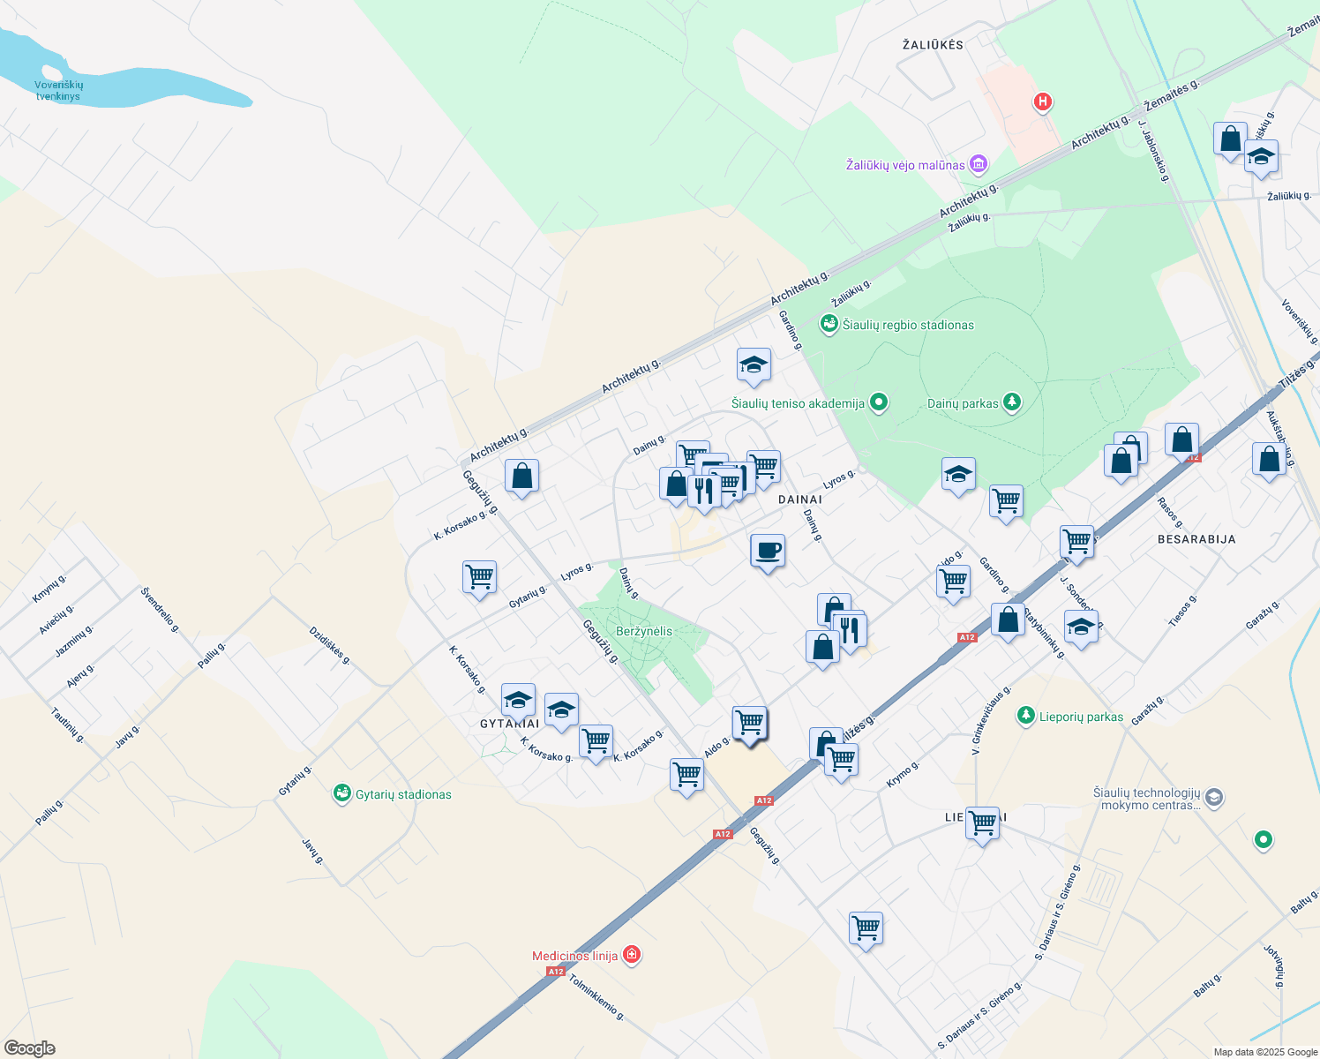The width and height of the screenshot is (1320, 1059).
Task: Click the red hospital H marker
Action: pos(1043,102)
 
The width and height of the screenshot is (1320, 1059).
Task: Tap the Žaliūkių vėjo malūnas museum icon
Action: pos(978,164)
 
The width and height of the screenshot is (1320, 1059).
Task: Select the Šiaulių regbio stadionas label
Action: pos(908,325)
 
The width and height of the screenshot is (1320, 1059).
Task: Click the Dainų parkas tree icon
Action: pos(1012,403)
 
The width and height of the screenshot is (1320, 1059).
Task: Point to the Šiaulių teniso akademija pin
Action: pos(878,403)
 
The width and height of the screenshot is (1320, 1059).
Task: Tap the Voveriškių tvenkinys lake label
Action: pos(58,91)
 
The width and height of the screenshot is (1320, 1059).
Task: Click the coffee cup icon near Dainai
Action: pos(767,551)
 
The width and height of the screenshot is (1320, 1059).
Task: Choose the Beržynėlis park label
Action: pos(644,631)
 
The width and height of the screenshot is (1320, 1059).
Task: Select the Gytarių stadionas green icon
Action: pos(341,793)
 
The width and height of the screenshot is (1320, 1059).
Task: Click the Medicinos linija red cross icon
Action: pos(631,955)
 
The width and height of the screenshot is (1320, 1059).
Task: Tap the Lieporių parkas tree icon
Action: pos(1025,716)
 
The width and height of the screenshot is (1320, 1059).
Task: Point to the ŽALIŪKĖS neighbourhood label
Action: pos(933,44)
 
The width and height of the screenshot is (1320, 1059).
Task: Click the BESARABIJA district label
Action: pos(1196,538)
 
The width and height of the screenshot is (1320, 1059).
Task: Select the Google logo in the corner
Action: pos(30,1048)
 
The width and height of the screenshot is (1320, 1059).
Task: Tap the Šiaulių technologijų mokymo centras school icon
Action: pos(1214,798)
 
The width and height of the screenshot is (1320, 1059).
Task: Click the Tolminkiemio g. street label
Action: pos(596,997)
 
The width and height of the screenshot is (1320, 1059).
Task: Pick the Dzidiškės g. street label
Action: pos(330,645)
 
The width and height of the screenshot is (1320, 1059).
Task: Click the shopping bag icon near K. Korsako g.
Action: pos(521,477)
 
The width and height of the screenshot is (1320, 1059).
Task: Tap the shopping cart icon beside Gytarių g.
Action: pos(479,578)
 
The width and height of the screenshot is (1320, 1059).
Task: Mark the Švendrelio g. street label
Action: pos(160,610)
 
